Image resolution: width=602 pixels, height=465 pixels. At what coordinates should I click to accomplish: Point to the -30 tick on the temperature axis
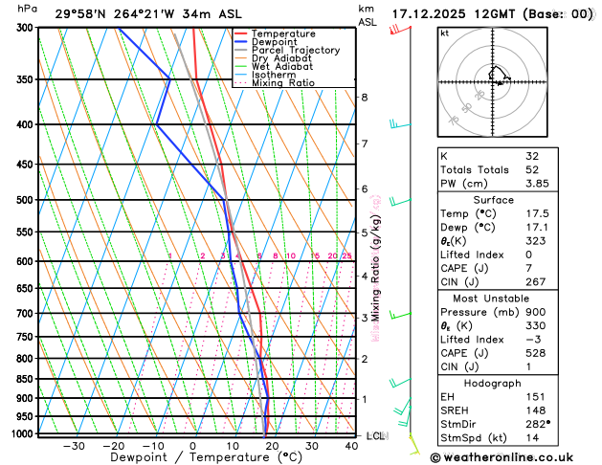[74, 446]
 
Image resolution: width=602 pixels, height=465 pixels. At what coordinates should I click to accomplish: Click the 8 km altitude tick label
[364, 98]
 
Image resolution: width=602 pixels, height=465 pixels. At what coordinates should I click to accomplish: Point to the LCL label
[375, 436]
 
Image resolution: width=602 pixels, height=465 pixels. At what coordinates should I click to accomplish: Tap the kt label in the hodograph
[444, 33]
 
